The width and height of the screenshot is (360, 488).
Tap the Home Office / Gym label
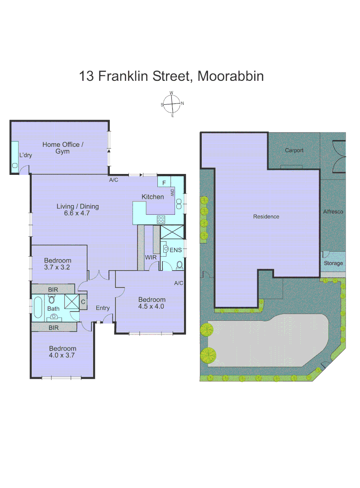pos(63,148)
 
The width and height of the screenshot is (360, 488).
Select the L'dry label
pos(25,155)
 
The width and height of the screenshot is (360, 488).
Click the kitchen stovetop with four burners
pos(161,219)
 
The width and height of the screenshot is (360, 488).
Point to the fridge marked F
pos(164,183)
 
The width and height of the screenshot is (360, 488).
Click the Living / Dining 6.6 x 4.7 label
pos(77,210)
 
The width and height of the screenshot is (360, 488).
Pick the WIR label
pos(151,257)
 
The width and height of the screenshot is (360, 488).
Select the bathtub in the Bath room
pos(38,308)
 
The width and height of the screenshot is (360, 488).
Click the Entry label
pos(103,308)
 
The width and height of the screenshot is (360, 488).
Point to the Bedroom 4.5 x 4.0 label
pos(152,303)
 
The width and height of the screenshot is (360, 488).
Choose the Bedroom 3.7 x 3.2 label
pos(57,263)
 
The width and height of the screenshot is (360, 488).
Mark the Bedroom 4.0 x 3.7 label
pos(62,352)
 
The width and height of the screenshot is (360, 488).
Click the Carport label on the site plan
pos(294,150)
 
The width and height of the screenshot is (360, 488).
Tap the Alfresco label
pos(333,211)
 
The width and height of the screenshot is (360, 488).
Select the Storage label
pos(333,263)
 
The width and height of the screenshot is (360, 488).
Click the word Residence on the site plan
pos(266,216)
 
